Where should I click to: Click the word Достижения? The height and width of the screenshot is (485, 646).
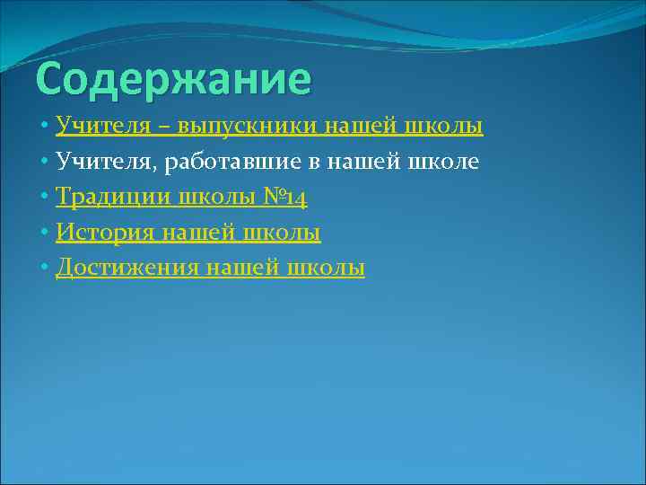(127, 268)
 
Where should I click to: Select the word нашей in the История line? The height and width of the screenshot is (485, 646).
(191, 233)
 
